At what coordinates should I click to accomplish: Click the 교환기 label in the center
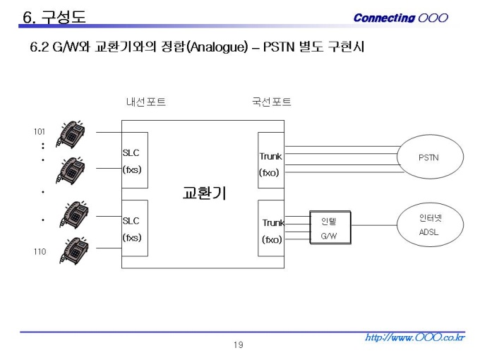click(x=204, y=193)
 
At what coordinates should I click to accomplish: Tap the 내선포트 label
click(x=146, y=102)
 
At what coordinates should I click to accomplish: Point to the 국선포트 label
click(x=272, y=102)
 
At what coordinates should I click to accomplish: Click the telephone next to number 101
click(x=71, y=134)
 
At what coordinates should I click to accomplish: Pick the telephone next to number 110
click(x=74, y=251)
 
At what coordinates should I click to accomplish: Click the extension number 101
click(x=40, y=131)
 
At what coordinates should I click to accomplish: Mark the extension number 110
click(x=40, y=251)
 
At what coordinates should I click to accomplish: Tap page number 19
click(x=239, y=345)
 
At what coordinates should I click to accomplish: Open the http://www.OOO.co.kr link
click(x=415, y=337)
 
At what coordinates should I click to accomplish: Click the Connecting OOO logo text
click(x=401, y=18)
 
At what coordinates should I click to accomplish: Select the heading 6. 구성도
click(x=54, y=16)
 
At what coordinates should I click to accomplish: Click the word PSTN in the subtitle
click(x=279, y=47)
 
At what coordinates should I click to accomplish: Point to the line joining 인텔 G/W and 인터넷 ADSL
click(x=374, y=225)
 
